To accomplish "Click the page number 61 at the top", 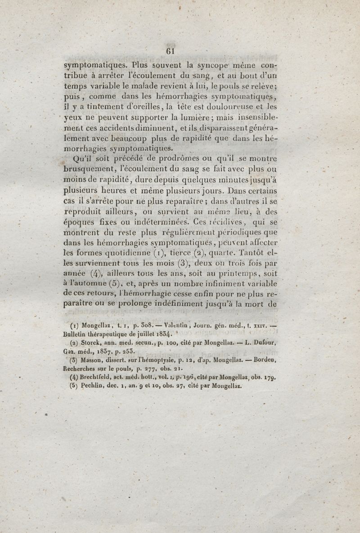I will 170,51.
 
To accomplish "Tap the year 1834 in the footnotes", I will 160,336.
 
